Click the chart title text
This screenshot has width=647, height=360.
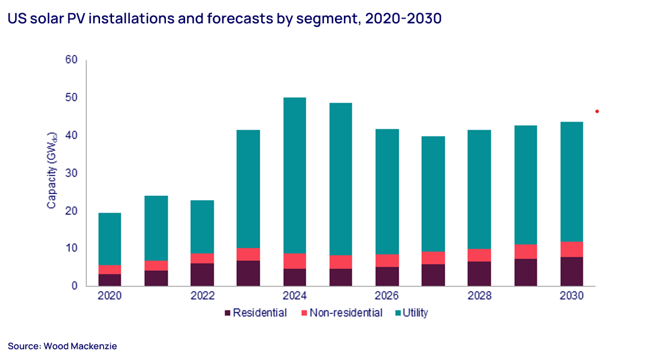225,19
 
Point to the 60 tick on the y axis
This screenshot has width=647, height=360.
72,60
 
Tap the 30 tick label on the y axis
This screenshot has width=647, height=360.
72,173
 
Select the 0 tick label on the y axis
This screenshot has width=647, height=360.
75,286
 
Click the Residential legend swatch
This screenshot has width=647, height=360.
227,313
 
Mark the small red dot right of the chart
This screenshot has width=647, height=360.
597,111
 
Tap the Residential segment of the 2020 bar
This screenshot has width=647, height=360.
110,280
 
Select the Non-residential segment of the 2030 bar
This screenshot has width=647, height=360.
572,249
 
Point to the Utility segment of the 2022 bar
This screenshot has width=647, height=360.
202,226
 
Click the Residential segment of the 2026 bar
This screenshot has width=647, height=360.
387,276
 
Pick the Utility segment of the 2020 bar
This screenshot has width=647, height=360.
110,238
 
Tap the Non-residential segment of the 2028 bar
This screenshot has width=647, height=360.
480,255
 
